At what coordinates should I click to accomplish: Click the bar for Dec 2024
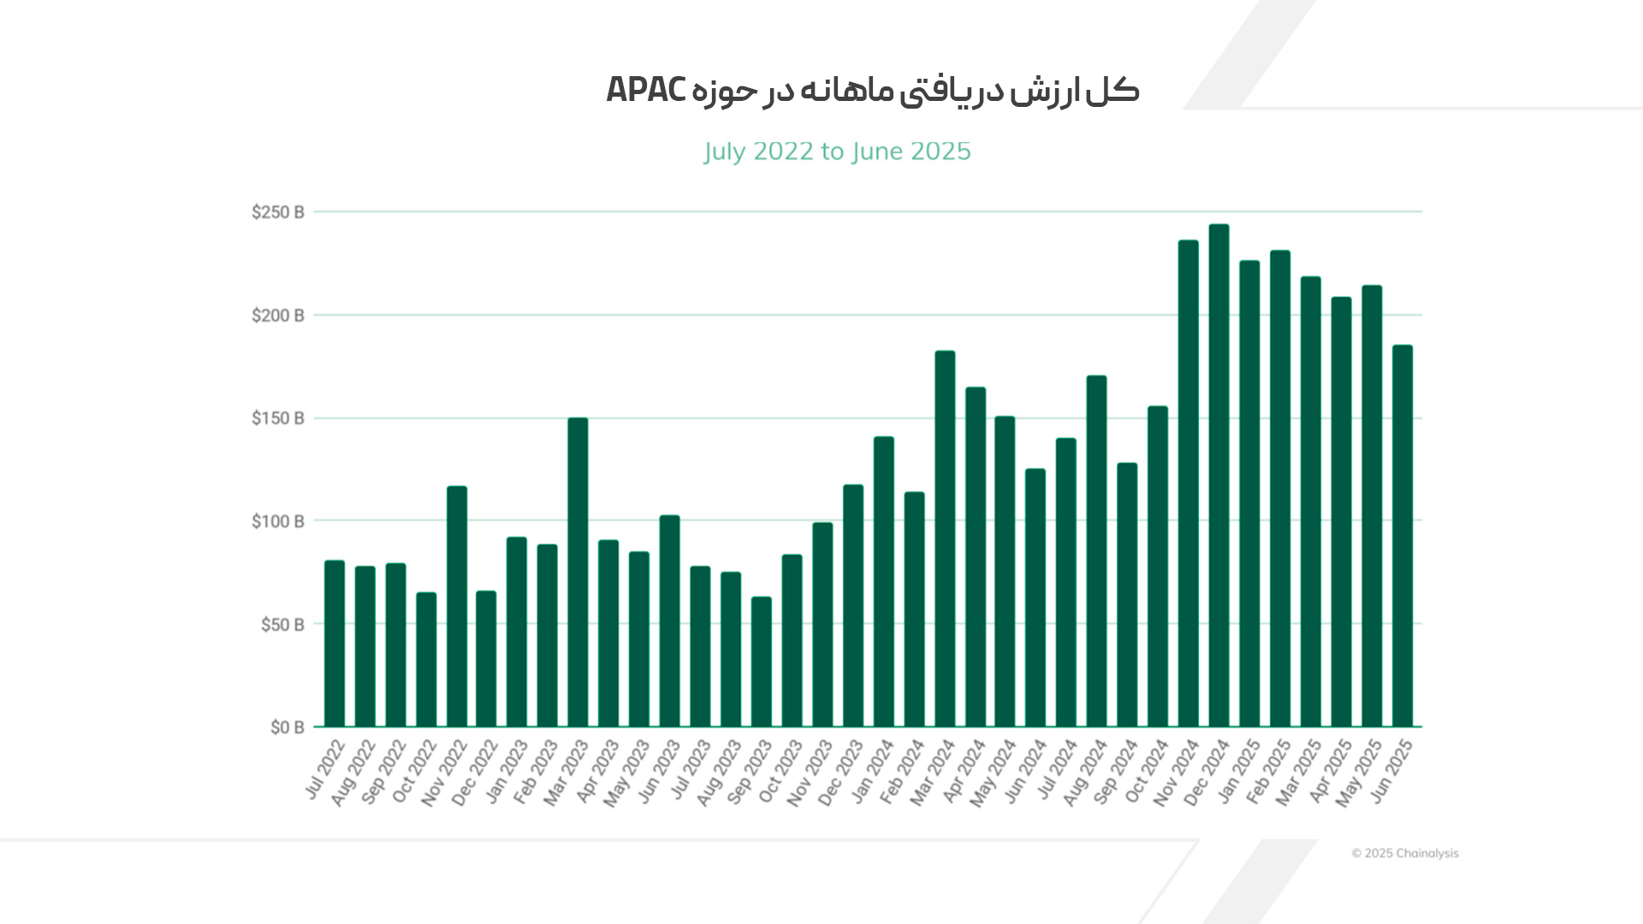click(x=1219, y=476)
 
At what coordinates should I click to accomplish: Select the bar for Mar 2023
click(x=578, y=572)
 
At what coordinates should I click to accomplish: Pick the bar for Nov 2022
click(x=457, y=607)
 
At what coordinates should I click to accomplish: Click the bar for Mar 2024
click(x=945, y=539)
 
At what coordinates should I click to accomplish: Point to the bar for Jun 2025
click(x=1402, y=536)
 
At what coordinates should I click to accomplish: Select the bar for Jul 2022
click(x=335, y=643)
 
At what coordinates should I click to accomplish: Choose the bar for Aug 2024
click(x=1096, y=551)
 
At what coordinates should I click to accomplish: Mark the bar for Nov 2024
click(x=1188, y=483)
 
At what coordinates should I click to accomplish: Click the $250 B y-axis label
click(x=277, y=212)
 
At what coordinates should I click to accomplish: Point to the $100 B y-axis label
click(x=277, y=521)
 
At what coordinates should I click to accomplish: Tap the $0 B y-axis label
click(x=287, y=727)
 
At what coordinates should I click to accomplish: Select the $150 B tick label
click(x=277, y=418)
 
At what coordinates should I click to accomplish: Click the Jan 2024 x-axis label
click(x=872, y=773)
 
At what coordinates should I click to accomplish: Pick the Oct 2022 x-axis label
click(x=414, y=773)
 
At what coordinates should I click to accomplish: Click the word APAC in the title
click(x=646, y=90)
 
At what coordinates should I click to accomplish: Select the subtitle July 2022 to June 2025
click(x=837, y=151)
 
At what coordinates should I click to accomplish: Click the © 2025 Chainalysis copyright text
click(x=1404, y=853)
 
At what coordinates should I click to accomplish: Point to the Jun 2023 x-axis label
click(x=659, y=773)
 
